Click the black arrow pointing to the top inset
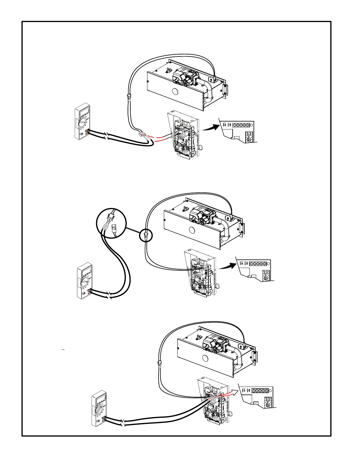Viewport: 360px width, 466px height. tap(211, 127)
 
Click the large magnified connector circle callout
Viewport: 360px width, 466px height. tap(111, 223)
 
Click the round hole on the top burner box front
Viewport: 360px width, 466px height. tap(175, 92)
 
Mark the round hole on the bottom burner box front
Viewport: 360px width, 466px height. tap(206, 358)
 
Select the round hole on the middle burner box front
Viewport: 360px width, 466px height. tap(192, 230)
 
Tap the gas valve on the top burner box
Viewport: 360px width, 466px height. tap(184, 77)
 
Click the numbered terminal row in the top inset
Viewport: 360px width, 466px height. tap(241, 125)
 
